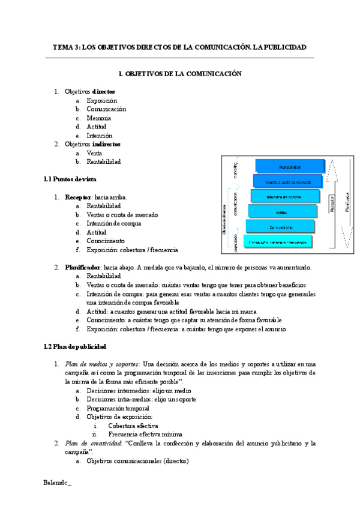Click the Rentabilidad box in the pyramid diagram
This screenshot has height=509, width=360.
(290, 166)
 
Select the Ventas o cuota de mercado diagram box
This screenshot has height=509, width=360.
(287, 181)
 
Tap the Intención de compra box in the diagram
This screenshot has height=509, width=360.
(284, 197)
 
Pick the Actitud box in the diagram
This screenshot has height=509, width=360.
(281, 212)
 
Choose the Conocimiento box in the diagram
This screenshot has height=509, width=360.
(280, 227)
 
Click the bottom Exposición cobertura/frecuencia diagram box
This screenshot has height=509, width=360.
(277, 242)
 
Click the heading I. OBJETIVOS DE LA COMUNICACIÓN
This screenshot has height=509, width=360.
(180, 74)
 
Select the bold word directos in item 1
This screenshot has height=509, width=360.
(103, 92)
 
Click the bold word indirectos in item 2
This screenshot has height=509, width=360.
(106, 144)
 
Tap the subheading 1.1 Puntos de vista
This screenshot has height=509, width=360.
(71, 179)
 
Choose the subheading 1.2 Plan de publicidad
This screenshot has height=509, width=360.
(76, 346)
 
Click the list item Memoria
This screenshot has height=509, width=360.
(98, 118)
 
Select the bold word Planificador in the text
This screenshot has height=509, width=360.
(83, 267)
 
